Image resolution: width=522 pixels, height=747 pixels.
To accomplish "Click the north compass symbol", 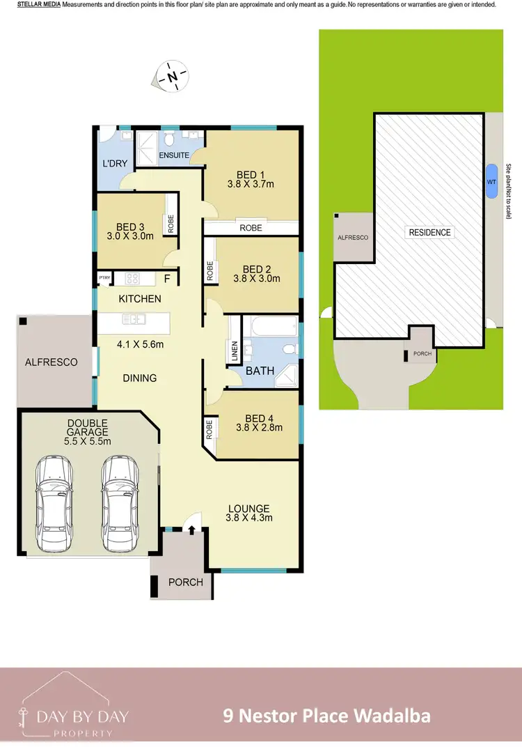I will [172, 75].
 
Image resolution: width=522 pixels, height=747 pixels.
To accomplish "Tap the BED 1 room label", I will [250, 175].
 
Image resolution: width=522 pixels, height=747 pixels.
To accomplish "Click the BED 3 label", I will [130, 226].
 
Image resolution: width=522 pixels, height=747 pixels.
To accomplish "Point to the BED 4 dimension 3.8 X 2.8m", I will [258, 428].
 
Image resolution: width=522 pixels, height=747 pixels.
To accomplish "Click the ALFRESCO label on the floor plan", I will [52, 362].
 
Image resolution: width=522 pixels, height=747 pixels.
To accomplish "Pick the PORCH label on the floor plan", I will [186, 582].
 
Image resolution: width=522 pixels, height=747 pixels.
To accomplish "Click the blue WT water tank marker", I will [491, 181].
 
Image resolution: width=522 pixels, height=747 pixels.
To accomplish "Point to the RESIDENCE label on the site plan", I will [429, 232].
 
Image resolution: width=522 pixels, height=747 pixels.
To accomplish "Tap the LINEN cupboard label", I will [234, 351].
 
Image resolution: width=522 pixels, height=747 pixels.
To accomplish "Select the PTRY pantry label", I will [104, 278].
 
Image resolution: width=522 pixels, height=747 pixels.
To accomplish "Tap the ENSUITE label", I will [174, 155].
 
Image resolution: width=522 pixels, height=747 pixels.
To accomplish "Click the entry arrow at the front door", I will [191, 531].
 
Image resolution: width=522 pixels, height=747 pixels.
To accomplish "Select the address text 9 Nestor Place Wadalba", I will [326, 715].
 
